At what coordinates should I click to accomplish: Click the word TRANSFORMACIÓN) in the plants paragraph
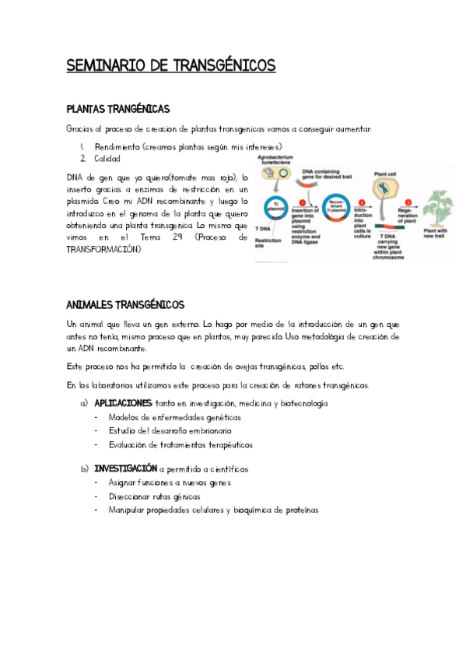[x=104, y=250]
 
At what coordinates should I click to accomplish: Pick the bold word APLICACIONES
[x=123, y=404]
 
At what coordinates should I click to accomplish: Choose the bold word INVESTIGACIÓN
[x=125, y=469]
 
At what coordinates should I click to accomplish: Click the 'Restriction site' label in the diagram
[x=266, y=243]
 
